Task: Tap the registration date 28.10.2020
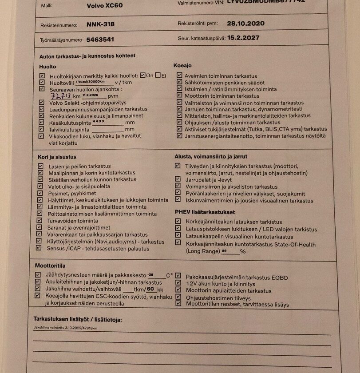tap(245, 24)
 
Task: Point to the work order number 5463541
tap(100, 40)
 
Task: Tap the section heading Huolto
tap(48, 67)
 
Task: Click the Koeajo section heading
tap(182, 65)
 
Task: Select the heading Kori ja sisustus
tap(57, 157)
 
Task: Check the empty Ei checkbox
tap(157, 75)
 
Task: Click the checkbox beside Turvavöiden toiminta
tap(42, 220)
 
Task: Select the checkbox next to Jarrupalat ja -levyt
tap(178, 179)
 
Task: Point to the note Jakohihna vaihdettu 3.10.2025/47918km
tap(65, 328)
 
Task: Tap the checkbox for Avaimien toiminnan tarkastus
tap(179, 75)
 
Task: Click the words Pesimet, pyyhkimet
tap(72, 194)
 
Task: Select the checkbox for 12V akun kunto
tap(178, 283)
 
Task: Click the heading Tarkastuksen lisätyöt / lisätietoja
tap(78, 319)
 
